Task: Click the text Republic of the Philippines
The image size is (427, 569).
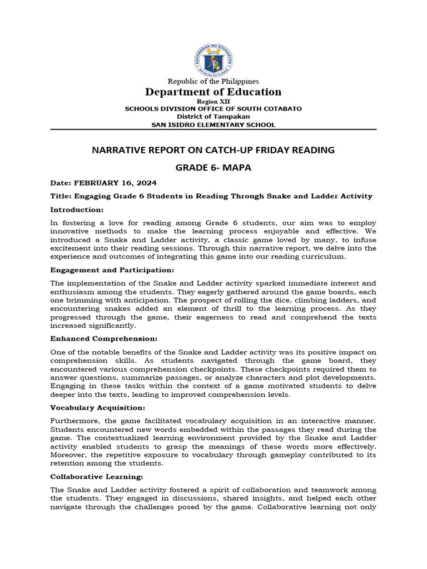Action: [213, 81]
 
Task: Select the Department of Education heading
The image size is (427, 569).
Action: [213, 92]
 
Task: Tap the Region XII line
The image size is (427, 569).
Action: [213, 102]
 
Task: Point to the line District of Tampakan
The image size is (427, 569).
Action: [213, 117]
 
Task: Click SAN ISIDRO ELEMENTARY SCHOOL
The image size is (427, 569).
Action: [213, 124]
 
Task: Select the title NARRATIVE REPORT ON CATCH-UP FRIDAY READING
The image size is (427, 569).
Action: [213, 150]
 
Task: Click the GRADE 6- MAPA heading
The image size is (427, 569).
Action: [213, 168]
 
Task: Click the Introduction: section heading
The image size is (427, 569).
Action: [77, 209]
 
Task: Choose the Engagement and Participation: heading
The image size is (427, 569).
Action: [112, 270]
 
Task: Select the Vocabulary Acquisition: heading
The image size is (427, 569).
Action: [98, 407]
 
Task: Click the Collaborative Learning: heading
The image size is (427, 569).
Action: [97, 476]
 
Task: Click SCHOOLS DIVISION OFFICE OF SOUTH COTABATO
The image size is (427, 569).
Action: [213, 109]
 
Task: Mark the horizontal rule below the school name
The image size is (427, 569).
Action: [213, 129]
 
